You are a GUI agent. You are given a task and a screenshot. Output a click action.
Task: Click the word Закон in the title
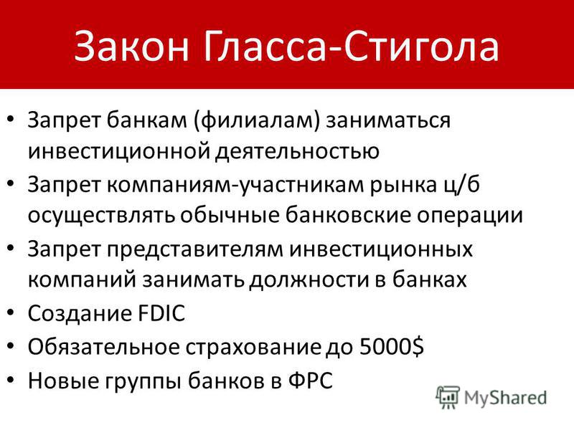point(131,46)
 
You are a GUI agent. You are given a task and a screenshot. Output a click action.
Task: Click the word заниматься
point(388,120)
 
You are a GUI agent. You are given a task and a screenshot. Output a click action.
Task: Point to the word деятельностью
point(296,151)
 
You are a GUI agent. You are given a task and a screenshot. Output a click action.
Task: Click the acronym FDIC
point(161,313)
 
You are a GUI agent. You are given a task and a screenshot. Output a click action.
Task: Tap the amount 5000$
point(391,346)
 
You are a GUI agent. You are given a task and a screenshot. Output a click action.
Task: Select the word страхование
point(253,348)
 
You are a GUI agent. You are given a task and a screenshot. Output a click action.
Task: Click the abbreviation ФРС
point(311,381)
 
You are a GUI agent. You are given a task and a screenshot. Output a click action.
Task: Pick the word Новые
point(65,381)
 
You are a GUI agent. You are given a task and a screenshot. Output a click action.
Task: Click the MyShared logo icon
point(447,397)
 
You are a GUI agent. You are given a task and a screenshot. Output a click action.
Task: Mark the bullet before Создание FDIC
point(11,313)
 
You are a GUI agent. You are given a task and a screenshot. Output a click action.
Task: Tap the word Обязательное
point(103,347)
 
